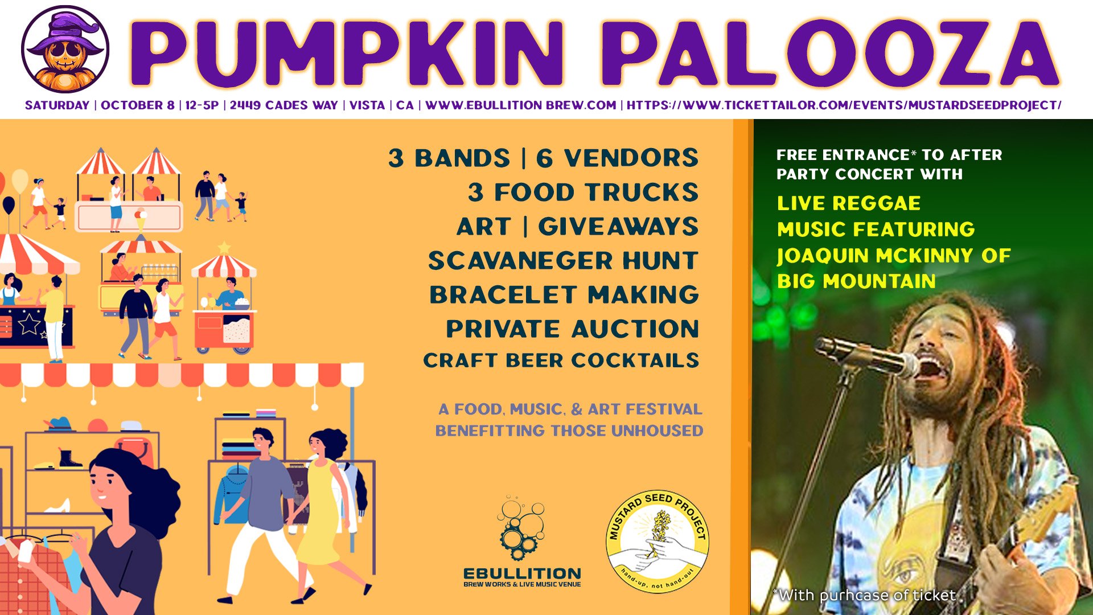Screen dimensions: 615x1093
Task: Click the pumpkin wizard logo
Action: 65,49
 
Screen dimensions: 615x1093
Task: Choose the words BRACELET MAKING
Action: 564,295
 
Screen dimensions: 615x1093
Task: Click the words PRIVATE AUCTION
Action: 572,329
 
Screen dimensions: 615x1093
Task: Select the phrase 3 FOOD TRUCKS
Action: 583,192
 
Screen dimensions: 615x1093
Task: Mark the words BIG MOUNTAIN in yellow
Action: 856,281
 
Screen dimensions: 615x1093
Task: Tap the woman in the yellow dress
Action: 322,512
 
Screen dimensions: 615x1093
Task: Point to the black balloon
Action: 9,204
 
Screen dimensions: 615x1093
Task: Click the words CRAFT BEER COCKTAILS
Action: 561,360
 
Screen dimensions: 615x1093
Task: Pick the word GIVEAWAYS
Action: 618,227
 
